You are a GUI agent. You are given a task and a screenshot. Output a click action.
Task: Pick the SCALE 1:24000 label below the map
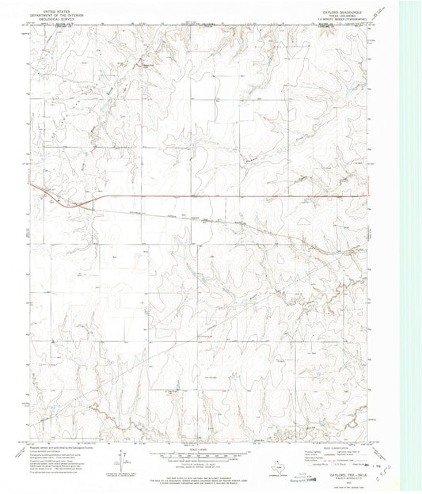pyautogui.click(x=201, y=449)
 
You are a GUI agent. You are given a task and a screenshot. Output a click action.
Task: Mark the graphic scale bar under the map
pyautogui.click(x=201, y=455)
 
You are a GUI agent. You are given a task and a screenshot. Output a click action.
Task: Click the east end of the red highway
pyautogui.click(x=371, y=196)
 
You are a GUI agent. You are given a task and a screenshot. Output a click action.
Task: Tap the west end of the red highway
pyautogui.click(x=30, y=184)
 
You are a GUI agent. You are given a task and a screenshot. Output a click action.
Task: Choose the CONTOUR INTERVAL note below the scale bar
pyautogui.click(x=201, y=465)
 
